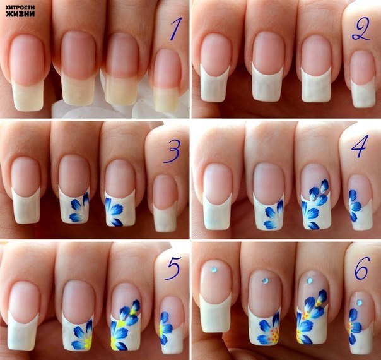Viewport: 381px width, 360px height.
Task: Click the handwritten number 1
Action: (x=175, y=29)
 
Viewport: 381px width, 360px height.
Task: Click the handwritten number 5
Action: (x=173, y=268)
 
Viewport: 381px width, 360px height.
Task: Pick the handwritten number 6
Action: (x=362, y=268)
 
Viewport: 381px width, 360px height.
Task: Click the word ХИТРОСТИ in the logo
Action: (x=20, y=8)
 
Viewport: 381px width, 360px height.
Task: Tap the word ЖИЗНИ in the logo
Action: (x=20, y=14)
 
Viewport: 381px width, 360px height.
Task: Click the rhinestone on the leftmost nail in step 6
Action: (x=214, y=270)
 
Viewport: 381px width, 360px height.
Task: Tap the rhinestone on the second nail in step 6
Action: (x=265, y=281)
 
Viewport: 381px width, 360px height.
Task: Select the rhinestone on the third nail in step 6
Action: (x=310, y=280)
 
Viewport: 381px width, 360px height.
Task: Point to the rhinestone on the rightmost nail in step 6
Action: (x=359, y=303)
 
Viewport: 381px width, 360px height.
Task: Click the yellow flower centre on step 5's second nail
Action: (x=88, y=340)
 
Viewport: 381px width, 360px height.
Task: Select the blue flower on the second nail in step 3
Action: (x=79, y=207)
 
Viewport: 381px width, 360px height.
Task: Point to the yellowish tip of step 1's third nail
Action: (x=120, y=90)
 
